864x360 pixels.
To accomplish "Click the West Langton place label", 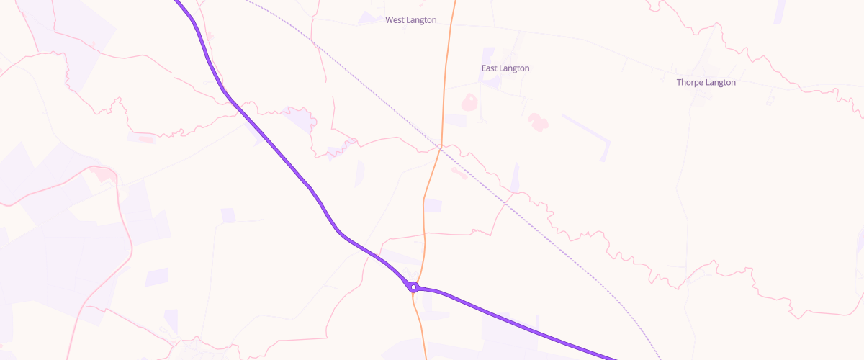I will point(410,20).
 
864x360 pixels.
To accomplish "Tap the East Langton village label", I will point(505,68).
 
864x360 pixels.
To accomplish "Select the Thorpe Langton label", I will point(706,83).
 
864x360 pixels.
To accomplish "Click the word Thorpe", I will point(689,83).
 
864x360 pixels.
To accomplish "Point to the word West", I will point(395,20).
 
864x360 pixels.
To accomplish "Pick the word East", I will point(490,68).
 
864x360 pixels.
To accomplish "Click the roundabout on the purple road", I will point(413,287).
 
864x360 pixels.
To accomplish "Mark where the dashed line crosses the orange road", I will point(439,148).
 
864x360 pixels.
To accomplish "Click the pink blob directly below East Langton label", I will point(469,102).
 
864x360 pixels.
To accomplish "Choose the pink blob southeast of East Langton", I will point(536,121).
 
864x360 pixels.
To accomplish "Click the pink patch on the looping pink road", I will point(104,175).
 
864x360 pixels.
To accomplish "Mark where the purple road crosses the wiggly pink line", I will point(235,102).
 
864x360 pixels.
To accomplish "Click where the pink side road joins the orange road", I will point(424,234).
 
